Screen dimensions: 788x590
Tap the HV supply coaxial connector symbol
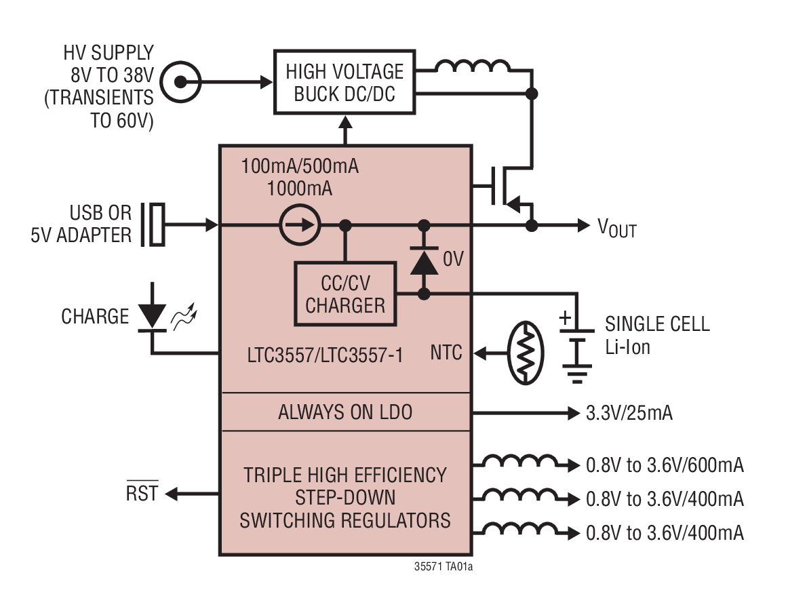[x=180, y=82]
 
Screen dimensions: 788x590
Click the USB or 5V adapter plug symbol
[x=153, y=224]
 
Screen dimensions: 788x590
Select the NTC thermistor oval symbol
[x=526, y=353]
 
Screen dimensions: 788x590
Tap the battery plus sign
[x=566, y=317]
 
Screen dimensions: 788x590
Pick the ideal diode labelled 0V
[x=424, y=261]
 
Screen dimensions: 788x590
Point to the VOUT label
[x=617, y=228]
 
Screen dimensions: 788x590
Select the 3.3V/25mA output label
[x=629, y=413]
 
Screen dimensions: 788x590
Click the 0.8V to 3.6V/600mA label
[x=665, y=465]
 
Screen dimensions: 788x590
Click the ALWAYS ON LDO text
[x=345, y=412]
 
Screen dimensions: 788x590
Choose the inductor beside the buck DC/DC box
[x=473, y=66]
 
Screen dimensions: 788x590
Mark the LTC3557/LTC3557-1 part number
[x=325, y=355]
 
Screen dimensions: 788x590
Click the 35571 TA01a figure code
[x=444, y=566]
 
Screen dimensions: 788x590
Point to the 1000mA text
[x=300, y=189]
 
